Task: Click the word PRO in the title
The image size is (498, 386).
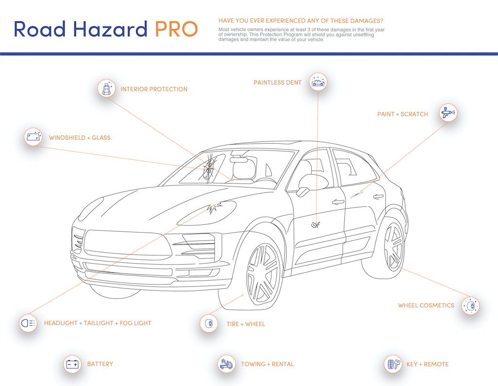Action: pyautogui.click(x=176, y=29)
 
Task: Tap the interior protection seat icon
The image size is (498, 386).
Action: pyautogui.click(x=107, y=88)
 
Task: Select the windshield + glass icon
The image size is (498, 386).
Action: pyautogui.click(x=33, y=137)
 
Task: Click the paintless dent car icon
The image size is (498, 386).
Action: pyautogui.click(x=318, y=82)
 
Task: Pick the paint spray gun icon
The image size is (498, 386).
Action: pyautogui.click(x=448, y=113)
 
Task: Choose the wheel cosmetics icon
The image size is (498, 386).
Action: pyautogui.click(x=470, y=306)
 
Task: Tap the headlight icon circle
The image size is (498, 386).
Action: pyautogui.click(x=28, y=323)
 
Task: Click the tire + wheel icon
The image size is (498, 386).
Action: pyautogui.click(x=209, y=323)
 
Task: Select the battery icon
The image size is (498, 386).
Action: pyautogui.click(x=72, y=364)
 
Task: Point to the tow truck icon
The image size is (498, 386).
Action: pyautogui.click(x=227, y=364)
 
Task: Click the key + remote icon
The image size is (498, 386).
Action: pyautogui.click(x=393, y=364)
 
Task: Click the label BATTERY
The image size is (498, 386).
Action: pyautogui.click(x=100, y=364)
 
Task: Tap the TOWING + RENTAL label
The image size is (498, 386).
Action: pyautogui.click(x=267, y=364)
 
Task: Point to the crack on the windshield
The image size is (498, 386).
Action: pyautogui.click(x=209, y=167)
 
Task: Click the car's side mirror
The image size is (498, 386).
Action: pyautogui.click(x=313, y=184)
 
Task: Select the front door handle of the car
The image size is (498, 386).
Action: pyautogui.click(x=338, y=201)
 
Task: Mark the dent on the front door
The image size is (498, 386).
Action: pyautogui.click(x=316, y=225)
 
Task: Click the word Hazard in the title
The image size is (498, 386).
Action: pyautogui.click(x=110, y=29)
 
